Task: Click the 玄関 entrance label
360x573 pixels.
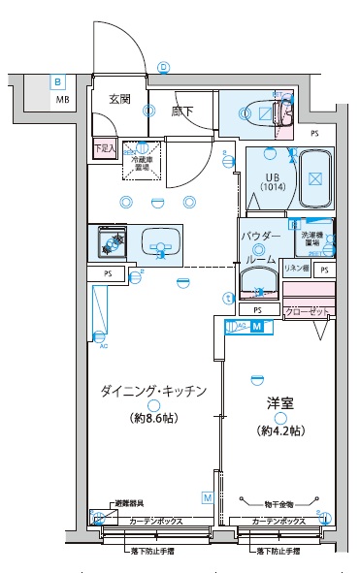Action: pos(118,100)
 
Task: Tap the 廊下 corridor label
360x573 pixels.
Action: pos(182,112)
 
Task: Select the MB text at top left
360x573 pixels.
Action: pos(61,100)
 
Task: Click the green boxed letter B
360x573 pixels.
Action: pos(58,83)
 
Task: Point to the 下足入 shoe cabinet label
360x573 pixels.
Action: pos(105,148)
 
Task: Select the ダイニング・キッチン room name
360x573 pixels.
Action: pos(153,392)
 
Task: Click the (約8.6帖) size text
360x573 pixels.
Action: pos(153,419)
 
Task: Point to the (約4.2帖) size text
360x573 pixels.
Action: pos(280,430)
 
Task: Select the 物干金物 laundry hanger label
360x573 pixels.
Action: pos(282,502)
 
